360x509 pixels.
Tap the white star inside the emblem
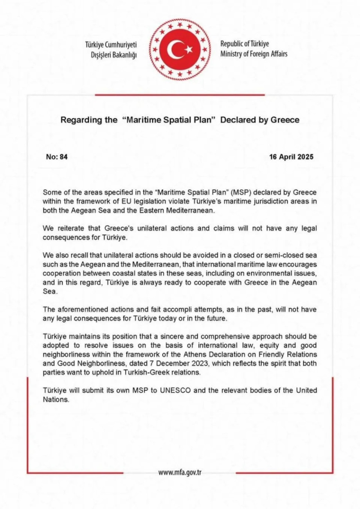click(189, 49)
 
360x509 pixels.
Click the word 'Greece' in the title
click(285, 120)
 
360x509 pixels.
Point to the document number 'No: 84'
click(57, 157)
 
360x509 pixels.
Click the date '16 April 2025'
click(291, 157)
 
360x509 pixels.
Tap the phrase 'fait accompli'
click(166, 309)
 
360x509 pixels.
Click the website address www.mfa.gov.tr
click(180, 472)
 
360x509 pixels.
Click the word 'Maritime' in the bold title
click(142, 120)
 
